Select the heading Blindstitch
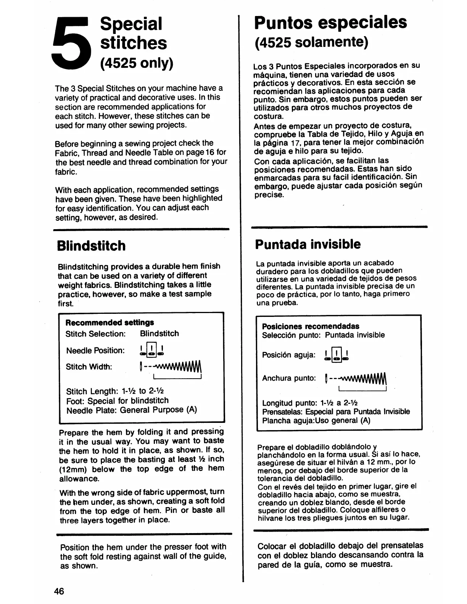(91, 246)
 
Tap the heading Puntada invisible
(308, 244)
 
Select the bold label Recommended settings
(110, 323)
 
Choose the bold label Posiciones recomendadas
(311, 326)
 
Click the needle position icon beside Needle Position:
(152, 350)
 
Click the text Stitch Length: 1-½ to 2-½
(115, 392)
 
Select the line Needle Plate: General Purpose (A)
(132, 410)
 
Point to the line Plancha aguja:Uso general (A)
(316, 421)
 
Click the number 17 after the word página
(296, 141)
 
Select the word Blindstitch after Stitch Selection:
(159, 334)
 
